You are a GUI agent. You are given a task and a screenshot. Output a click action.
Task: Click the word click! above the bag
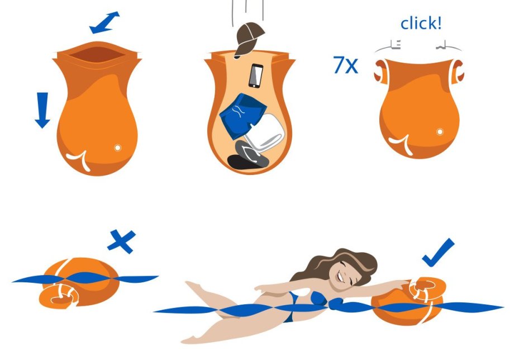421,23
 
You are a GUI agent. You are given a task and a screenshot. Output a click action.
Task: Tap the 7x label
345,65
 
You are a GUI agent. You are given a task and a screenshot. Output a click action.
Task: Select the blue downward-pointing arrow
42,110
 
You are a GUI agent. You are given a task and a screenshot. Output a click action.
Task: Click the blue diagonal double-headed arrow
104,22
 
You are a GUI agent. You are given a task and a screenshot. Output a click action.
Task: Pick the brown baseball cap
248,39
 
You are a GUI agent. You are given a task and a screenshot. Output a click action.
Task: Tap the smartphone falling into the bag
256,75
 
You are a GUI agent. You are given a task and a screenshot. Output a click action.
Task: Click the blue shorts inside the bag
242,116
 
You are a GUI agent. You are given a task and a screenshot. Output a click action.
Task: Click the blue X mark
122,241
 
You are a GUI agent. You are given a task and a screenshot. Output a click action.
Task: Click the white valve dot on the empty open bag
117,148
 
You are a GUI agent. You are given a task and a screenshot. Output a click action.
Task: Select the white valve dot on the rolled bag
440,132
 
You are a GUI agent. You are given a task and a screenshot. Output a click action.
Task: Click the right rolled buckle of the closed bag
458,72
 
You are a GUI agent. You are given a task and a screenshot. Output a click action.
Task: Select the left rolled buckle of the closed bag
381,72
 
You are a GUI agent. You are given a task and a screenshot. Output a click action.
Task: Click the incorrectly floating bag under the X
79,283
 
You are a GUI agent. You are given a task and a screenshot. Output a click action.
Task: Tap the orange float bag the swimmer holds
407,302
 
